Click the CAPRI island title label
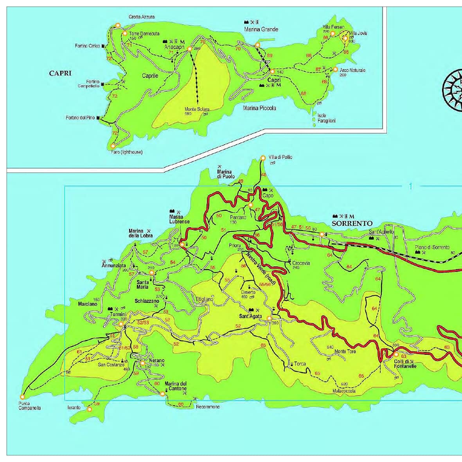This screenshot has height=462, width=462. click(60, 73)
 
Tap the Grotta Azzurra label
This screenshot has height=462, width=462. click(141, 17)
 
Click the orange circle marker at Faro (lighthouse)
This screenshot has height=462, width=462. click(113, 146)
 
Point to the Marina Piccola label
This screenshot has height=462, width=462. click(259, 108)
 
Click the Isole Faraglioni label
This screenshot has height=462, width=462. click(326, 118)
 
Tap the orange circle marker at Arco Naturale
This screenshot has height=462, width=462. click(335, 69)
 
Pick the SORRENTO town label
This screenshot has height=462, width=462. click(352, 223)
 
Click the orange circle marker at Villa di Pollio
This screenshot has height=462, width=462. click(263, 158)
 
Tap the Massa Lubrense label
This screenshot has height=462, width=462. click(179, 219)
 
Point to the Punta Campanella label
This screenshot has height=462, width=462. click(29, 406)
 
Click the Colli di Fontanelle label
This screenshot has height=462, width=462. click(405, 363)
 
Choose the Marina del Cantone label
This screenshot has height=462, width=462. click(175, 386)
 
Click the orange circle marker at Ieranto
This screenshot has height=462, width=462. click(90, 410)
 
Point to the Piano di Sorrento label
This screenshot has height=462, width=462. click(432, 247)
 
